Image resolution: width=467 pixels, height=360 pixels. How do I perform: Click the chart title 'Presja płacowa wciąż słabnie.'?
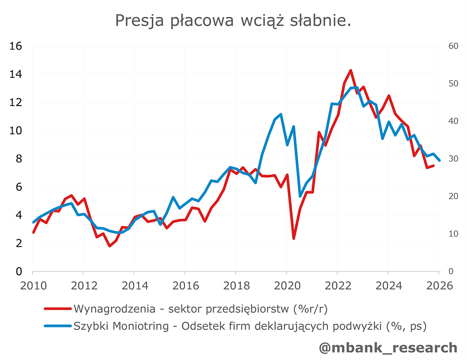point(233,20)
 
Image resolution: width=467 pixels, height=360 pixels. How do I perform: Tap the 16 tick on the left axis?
point(16,46)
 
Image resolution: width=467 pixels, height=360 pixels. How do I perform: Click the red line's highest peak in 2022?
point(351,71)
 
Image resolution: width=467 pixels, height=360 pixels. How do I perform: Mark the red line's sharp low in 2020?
point(294,238)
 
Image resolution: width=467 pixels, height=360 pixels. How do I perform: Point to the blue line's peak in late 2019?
point(281,114)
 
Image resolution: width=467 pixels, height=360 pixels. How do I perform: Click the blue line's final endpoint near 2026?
point(440,161)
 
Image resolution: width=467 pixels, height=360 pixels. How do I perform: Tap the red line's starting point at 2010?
point(33,233)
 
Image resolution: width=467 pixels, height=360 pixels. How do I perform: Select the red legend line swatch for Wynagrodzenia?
point(58,308)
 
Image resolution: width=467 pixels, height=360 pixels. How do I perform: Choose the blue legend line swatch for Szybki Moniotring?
point(58,326)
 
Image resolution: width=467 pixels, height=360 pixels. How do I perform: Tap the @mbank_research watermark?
point(388,347)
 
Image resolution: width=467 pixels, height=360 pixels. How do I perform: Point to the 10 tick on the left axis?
point(16,130)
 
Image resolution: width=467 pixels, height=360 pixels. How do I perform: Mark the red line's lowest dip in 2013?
point(110,246)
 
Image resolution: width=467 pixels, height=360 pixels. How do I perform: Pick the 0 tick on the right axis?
point(451,271)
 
